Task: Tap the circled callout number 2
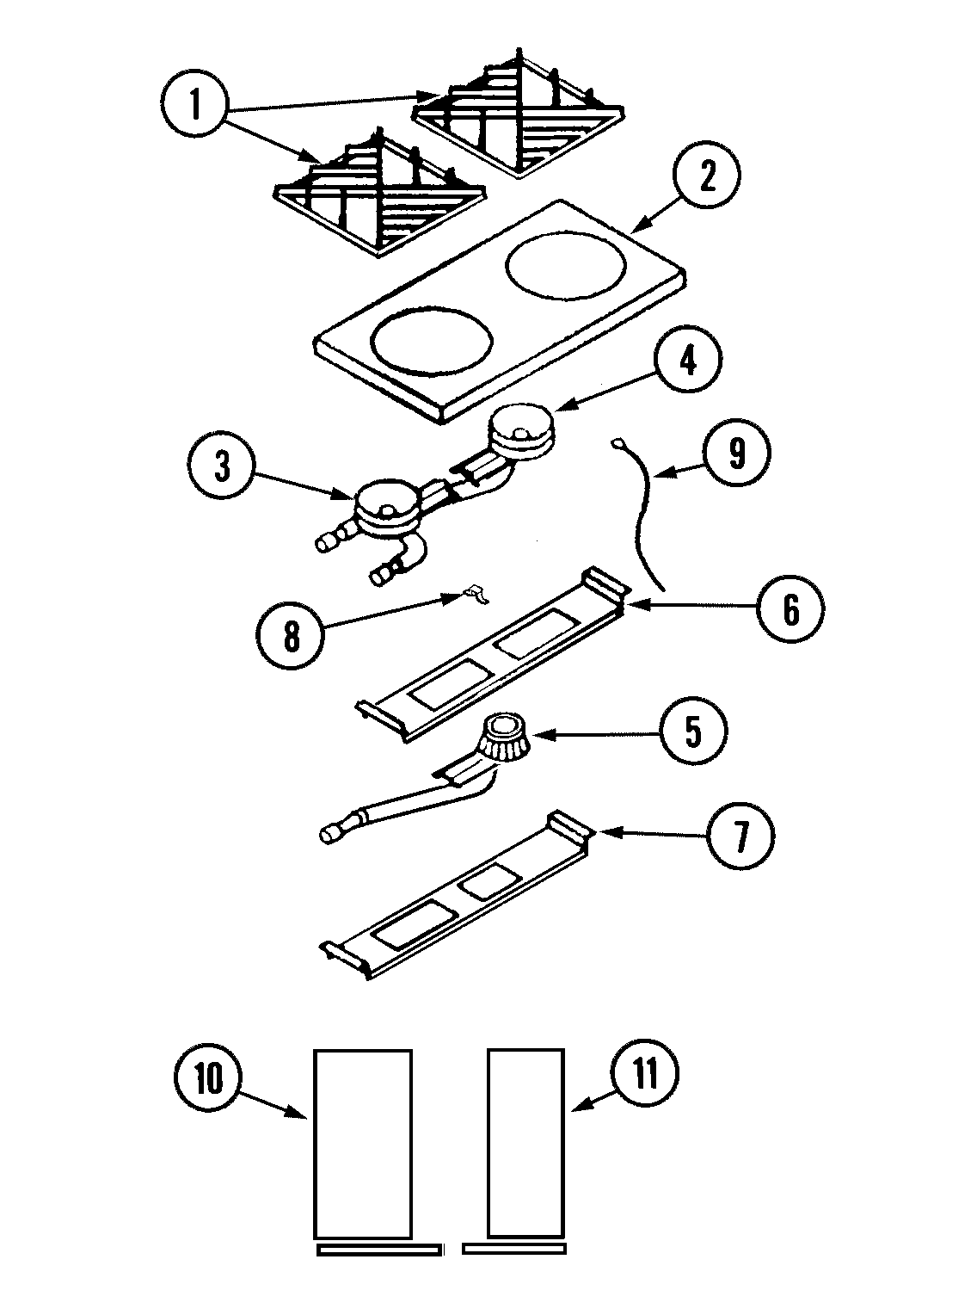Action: click(706, 176)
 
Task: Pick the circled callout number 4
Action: click(688, 361)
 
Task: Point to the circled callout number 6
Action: click(790, 608)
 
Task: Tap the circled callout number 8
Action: click(292, 636)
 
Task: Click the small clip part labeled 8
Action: click(472, 594)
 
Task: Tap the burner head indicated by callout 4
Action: click(522, 432)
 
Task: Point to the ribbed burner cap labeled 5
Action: click(504, 738)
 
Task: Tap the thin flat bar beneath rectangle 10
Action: click(378, 1249)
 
